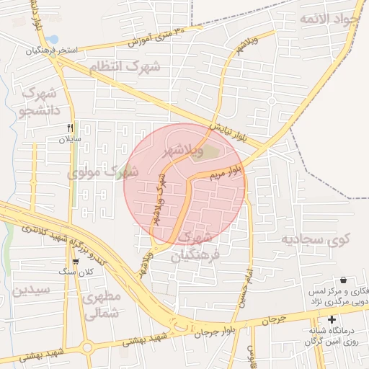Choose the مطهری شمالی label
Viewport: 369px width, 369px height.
click(x=100, y=306)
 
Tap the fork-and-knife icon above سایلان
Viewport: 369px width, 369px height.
click(x=70, y=127)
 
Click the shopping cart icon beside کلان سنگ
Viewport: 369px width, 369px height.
click(x=76, y=262)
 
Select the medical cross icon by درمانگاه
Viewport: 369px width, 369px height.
click(x=332, y=320)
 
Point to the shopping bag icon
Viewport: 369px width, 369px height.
click(x=342, y=279)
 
